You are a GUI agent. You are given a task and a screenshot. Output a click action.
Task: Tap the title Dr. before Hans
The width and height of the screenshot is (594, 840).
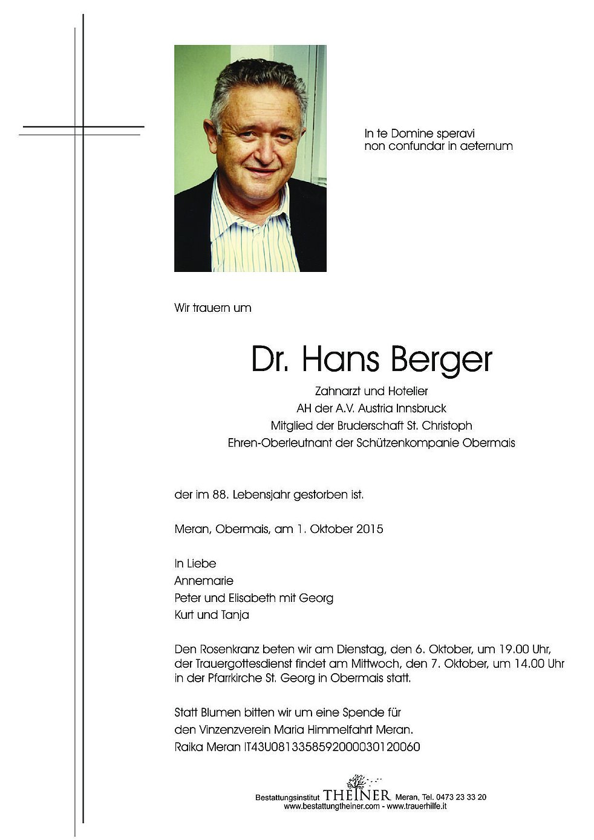point(271,360)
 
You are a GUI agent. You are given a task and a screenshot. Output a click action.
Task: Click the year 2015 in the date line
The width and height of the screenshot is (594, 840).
point(370,529)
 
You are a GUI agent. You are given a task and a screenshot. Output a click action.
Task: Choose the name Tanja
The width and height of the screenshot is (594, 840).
point(235,615)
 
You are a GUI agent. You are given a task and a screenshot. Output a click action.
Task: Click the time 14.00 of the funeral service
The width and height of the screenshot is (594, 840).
point(529,664)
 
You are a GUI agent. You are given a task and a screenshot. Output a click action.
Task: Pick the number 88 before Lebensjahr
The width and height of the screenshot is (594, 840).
point(220,495)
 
